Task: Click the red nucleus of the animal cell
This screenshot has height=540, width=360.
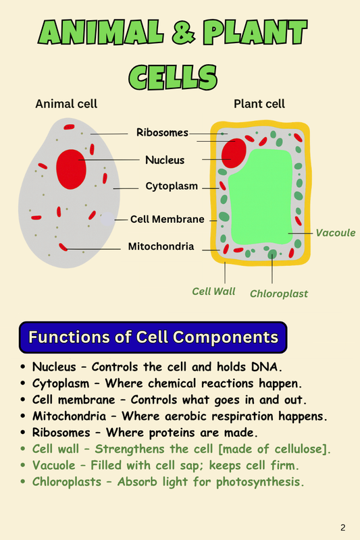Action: coord(71,169)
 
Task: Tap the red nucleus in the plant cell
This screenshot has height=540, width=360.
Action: coord(234,153)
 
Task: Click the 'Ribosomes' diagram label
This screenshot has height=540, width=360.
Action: coord(162,132)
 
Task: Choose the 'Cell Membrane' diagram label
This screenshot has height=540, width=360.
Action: coord(167,219)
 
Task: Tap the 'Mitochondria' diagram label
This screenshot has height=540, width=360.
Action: coord(161,246)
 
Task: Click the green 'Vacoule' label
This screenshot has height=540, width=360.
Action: coord(335,232)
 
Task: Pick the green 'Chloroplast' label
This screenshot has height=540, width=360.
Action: coord(279,294)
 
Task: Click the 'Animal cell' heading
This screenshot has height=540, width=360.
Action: coord(66,104)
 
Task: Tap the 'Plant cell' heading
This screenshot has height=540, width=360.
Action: coord(259,104)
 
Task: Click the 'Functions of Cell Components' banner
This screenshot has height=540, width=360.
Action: coord(153,336)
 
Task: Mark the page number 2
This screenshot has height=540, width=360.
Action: coord(343,526)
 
